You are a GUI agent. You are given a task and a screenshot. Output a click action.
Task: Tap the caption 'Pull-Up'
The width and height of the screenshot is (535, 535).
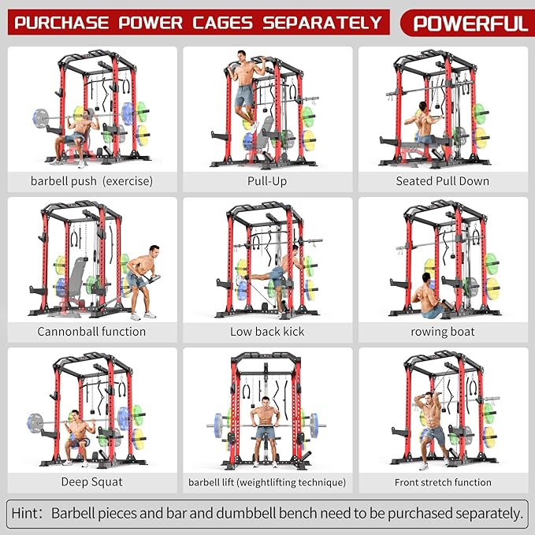pos(267,181)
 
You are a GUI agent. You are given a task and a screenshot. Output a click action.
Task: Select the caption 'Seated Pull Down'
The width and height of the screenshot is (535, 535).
pos(442,181)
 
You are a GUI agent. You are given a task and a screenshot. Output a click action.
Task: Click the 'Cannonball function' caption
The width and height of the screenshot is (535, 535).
pos(91,332)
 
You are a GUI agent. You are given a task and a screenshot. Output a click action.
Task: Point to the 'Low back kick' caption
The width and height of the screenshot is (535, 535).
pos(267,332)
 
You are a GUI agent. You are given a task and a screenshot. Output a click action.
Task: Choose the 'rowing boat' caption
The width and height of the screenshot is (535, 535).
pos(442,332)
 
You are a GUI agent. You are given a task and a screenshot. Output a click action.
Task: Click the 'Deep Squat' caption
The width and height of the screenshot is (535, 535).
pos(91,481)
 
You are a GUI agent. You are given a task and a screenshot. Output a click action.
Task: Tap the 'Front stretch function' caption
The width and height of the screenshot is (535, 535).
pos(443,482)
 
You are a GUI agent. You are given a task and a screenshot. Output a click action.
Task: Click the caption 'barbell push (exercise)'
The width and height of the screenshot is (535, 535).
pos(91,181)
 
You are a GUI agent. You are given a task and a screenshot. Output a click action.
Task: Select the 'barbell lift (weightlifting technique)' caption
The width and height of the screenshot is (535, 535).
pos(267,482)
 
